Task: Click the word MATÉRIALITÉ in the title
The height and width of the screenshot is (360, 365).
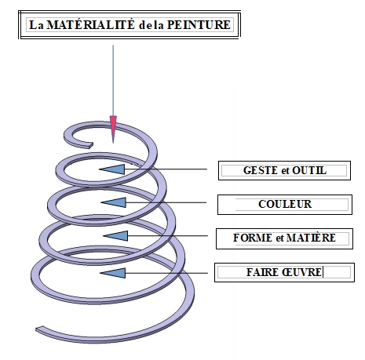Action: (91, 24)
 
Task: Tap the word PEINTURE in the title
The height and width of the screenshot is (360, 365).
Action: (199, 25)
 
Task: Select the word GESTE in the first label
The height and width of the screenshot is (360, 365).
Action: (261, 170)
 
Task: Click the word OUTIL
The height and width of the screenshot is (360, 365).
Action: (309, 170)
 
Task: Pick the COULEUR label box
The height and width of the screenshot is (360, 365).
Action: (285, 205)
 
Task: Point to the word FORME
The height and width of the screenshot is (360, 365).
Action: (253, 238)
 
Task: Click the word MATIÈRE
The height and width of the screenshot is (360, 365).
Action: (311, 238)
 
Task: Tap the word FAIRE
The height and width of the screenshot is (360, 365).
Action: (262, 272)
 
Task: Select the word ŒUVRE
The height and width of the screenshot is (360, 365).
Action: (301, 272)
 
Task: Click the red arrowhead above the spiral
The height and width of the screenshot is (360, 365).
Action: (113, 129)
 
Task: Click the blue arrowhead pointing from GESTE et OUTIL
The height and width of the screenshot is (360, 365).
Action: (112, 169)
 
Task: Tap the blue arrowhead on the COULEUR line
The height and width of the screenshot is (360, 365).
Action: (114, 202)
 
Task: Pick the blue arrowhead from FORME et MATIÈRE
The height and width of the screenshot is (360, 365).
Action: (115, 236)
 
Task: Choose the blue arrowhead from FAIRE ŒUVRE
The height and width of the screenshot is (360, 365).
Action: (113, 273)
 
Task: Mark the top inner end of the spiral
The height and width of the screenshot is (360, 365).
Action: (91, 145)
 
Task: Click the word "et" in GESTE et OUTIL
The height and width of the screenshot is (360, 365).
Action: (285, 171)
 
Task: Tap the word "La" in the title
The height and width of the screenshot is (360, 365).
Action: (36, 25)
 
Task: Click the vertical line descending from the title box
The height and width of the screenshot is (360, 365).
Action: (113, 81)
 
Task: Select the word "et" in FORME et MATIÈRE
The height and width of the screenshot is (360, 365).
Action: (279, 238)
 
